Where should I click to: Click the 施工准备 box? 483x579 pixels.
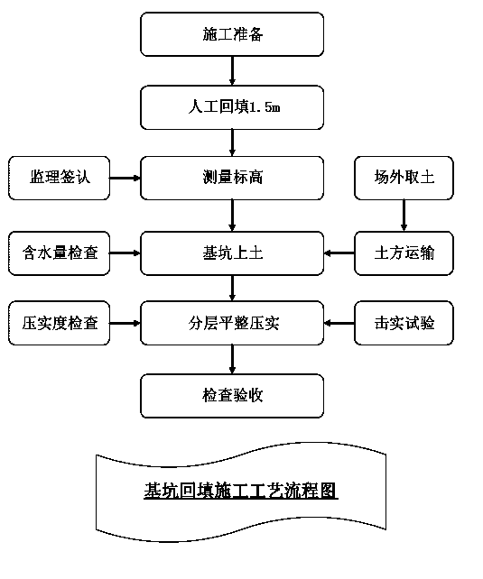click(232, 34)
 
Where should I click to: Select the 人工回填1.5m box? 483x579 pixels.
click(232, 107)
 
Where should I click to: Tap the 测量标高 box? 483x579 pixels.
click(232, 178)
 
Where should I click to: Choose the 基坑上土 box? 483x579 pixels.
click(232, 253)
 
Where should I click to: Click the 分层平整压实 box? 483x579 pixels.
click(232, 323)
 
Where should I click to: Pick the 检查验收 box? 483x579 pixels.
click(232, 396)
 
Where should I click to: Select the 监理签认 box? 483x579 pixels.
click(59, 178)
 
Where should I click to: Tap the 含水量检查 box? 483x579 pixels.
click(59, 253)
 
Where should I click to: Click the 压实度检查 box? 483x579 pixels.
click(59, 323)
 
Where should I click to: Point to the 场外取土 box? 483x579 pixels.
click(404, 178)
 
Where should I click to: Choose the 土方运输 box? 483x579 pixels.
click(404, 253)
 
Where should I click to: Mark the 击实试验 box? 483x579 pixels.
click(404, 323)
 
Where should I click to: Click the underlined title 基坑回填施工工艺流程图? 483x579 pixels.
click(241, 492)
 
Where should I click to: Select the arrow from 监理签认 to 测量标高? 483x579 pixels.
click(125, 178)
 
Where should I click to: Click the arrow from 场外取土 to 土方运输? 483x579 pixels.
click(404, 216)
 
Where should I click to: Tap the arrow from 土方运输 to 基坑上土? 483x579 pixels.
click(339, 253)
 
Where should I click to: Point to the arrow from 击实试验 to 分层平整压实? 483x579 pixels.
click(339, 323)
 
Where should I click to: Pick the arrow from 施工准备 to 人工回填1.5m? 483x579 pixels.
click(232, 71)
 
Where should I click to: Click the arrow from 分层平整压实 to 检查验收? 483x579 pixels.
click(232, 360)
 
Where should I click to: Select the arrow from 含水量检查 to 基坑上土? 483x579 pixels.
click(125, 253)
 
